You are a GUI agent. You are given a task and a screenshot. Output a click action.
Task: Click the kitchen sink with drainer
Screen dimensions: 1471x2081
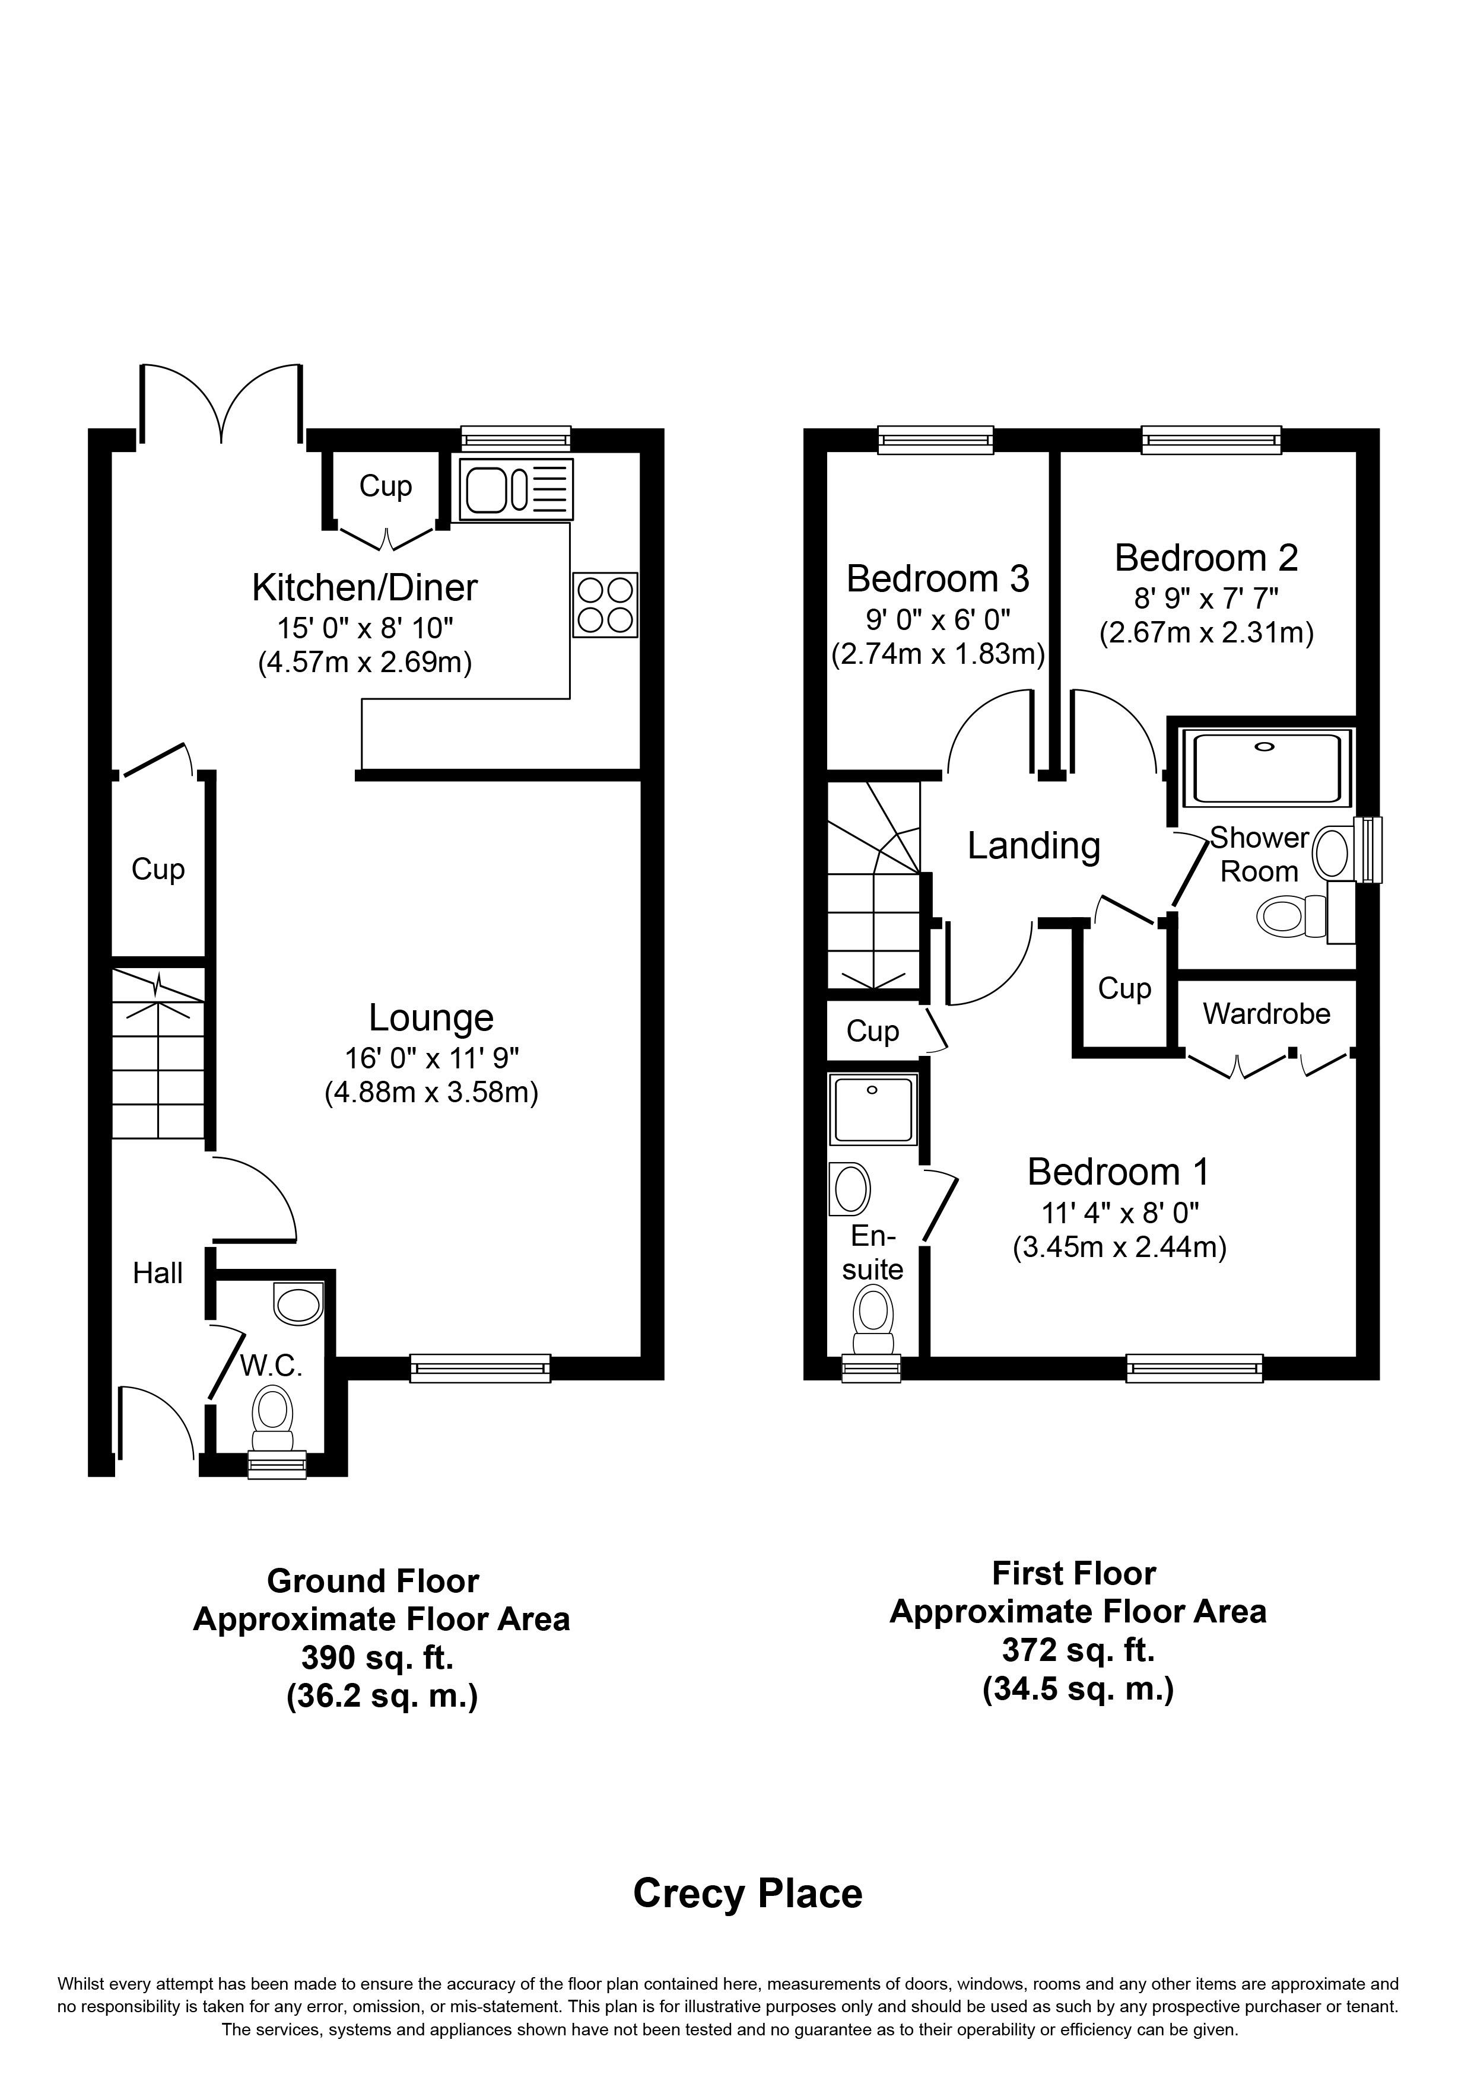pos(517,489)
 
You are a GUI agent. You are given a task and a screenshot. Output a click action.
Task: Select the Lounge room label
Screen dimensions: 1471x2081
pos(431,1018)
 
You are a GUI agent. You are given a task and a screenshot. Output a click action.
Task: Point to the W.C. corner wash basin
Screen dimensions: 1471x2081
pos(298,1304)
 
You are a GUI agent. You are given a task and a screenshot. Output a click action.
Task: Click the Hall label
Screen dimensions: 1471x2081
pos(158,1274)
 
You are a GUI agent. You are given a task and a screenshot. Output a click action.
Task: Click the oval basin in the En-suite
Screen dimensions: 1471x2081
pos(850,1188)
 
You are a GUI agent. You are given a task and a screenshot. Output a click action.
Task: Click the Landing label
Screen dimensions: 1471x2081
pos(1034,846)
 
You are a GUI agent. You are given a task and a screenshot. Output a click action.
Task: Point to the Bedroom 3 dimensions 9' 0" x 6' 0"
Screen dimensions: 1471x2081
pos(938,620)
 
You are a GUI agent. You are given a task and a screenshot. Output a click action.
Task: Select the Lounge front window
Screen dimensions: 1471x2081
pos(481,1368)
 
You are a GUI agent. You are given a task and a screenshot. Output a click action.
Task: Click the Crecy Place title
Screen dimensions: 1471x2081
pos(748,1894)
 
